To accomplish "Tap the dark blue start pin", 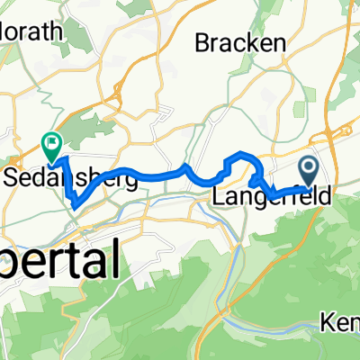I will pos(308,167).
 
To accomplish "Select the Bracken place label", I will pos(242,42).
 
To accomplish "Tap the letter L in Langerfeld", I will pos(219,194).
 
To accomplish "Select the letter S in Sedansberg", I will pos(13,178).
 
